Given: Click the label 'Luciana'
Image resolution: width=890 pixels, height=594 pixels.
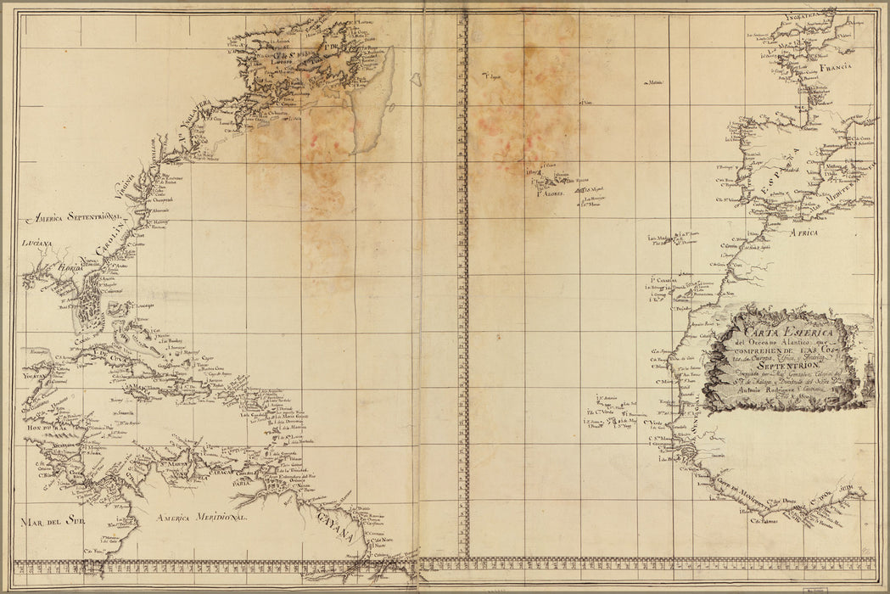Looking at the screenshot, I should click(36, 244).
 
